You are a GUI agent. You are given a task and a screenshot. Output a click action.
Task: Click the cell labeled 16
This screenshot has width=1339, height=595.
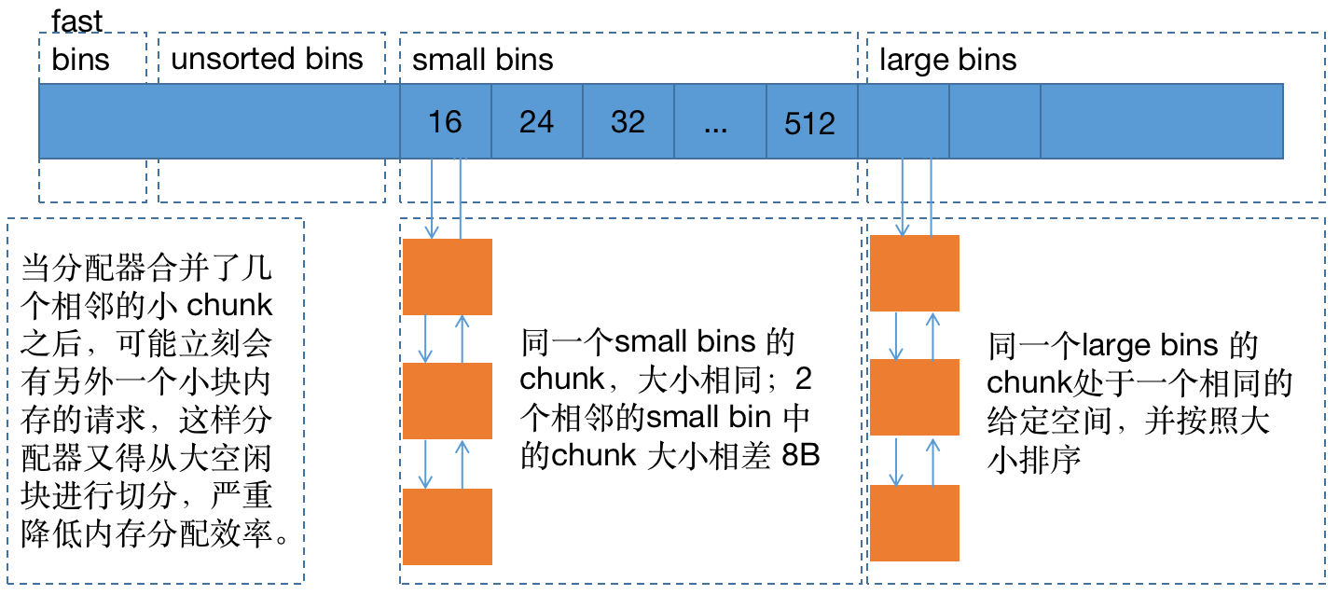445,122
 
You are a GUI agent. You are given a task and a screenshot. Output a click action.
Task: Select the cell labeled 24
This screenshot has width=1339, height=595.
536,122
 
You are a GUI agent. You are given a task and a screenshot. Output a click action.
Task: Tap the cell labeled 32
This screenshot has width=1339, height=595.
628,122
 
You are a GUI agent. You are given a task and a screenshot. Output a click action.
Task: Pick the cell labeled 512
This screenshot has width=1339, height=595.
809,123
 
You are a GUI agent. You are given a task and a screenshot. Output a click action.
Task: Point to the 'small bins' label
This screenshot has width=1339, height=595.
482,61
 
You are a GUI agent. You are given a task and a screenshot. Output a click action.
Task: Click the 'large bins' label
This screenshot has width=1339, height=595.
947,61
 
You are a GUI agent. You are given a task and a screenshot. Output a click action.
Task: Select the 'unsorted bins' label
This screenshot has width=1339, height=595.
267,59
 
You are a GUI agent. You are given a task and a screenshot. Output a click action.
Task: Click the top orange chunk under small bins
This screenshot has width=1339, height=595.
447,277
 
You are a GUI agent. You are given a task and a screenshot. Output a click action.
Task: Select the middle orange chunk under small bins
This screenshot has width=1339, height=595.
447,400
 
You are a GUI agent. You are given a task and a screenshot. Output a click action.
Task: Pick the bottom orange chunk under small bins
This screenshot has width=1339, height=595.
447,526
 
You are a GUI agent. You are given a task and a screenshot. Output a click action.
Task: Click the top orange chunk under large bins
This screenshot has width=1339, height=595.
914,273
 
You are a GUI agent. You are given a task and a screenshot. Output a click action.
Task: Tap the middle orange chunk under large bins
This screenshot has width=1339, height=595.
914,397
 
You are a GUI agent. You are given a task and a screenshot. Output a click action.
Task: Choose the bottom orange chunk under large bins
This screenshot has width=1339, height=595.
914,523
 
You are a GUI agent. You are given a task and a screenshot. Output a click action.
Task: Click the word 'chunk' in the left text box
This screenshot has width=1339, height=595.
230,305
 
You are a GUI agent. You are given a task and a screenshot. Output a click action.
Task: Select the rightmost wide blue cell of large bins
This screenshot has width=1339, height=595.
1161,121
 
